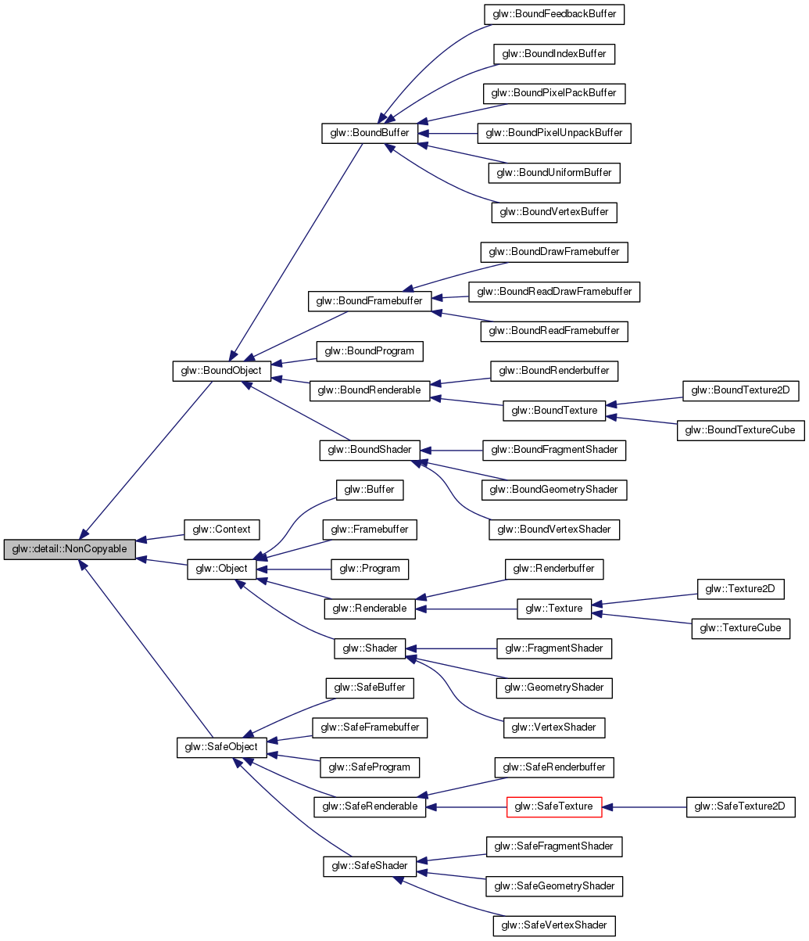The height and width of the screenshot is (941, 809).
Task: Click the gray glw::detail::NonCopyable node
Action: tap(69, 549)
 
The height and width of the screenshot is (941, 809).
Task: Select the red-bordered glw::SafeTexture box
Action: tap(554, 806)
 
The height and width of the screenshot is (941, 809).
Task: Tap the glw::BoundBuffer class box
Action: tap(370, 133)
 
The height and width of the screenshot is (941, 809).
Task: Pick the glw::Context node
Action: tap(222, 530)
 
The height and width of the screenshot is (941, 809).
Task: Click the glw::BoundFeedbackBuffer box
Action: tap(555, 14)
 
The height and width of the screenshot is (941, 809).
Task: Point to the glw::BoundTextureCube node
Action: tap(740, 430)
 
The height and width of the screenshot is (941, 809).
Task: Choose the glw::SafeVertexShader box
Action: tap(554, 925)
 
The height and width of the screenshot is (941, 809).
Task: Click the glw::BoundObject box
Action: tap(222, 371)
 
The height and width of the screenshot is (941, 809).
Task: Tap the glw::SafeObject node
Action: tap(222, 748)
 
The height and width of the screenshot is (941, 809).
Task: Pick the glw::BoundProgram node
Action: tap(370, 351)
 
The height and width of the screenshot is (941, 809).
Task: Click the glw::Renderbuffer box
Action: tap(555, 569)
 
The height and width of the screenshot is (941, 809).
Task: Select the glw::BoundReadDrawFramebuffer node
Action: tap(554, 292)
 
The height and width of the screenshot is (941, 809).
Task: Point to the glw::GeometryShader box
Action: tap(554, 688)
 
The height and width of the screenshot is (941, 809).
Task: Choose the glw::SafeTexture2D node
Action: tap(741, 806)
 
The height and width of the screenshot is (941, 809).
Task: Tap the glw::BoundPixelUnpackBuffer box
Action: tap(554, 133)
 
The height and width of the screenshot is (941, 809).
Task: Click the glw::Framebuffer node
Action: tap(370, 530)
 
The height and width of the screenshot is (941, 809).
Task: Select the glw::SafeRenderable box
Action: tap(370, 806)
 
